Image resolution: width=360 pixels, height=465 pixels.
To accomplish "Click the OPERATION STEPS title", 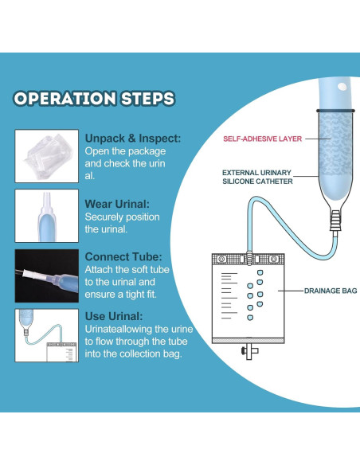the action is [94, 99].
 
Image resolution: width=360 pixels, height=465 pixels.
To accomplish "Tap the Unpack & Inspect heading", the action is [133, 139].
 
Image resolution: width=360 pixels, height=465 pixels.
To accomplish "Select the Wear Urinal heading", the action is [117, 204].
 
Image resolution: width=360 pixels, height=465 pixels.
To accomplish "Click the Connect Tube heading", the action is [123, 257].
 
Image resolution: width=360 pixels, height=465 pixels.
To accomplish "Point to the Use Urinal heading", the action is [114, 316].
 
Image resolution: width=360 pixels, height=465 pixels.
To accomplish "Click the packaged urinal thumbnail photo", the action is [47, 156].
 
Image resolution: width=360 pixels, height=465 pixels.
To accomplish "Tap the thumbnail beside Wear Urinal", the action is [47, 216].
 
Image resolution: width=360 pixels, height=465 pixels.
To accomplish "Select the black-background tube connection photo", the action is [47, 275].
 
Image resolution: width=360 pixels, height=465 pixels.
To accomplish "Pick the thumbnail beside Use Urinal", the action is [47, 335].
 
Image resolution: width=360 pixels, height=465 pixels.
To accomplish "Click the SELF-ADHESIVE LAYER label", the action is [263, 139].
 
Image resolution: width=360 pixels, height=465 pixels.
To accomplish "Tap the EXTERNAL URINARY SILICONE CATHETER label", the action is [257, 177].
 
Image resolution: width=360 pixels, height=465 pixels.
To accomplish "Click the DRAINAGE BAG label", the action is [331, 291].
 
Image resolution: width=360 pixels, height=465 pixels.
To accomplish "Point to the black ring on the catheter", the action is [335, 111].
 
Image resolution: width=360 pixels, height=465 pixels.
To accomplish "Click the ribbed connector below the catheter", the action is [335, 220].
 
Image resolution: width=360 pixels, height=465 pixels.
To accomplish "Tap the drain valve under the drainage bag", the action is [249, 352].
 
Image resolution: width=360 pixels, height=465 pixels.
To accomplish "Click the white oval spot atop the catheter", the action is [342, 87].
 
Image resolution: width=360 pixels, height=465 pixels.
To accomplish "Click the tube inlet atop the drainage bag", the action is [249, 257].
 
